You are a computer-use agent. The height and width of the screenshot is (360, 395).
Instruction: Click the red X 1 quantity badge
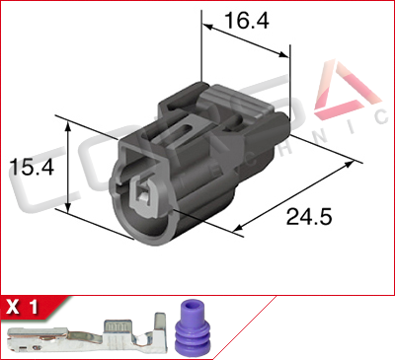(26, 306)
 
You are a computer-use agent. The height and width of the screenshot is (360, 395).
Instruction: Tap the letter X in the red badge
(15, 306)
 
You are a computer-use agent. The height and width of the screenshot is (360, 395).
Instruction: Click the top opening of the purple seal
(190, 308)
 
